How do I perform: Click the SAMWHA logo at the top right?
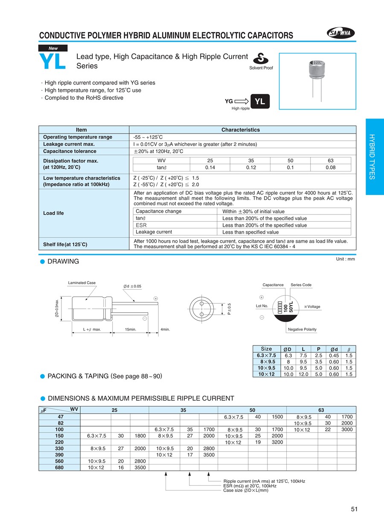pos(342,33)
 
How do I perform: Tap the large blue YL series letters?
pos(52,61)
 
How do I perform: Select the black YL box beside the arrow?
pos(260,101)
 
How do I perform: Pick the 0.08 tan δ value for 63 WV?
pos(330,167)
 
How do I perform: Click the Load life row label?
pos(54,213)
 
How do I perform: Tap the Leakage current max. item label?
pos(69,144)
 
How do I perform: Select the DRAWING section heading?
pos(63,261)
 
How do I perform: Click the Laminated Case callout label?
pos(82,283)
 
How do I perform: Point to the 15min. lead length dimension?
pos(131,329)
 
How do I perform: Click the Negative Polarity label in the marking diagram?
pos(302,329)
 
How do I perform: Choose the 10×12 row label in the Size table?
pos(266,374)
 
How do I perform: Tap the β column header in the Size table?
pos(349,349)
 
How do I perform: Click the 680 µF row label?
pos(59,467)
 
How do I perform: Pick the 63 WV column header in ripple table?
pos(321,410)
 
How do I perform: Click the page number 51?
pos(354,509)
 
